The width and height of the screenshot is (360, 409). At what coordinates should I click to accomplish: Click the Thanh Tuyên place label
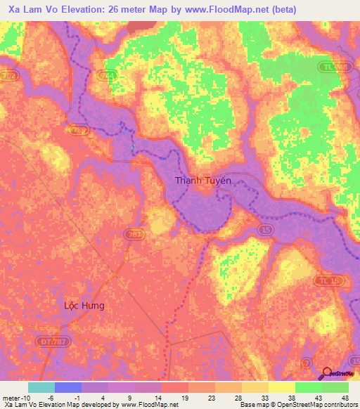click(x=202, y=181)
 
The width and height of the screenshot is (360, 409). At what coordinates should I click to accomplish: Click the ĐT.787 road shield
click(x=46, y=342)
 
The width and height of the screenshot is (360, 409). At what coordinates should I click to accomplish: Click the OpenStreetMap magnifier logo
click(x=327, y=374)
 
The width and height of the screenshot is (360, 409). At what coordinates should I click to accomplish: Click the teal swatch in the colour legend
click(x=41, y=387)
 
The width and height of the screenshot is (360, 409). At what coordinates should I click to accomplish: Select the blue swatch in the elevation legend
click(x=67, y=387)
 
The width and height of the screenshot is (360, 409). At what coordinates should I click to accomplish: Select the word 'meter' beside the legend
click(x=11, y=398)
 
